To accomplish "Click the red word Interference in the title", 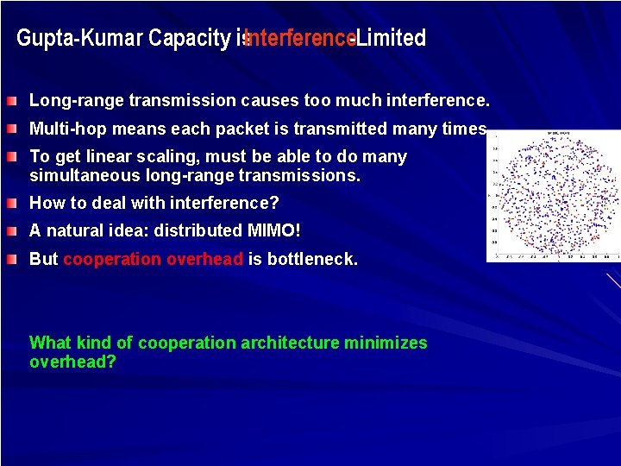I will (300, 38).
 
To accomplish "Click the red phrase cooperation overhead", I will (153, 260).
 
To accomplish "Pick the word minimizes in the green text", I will (386, 343).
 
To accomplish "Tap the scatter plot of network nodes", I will (554, 196).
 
